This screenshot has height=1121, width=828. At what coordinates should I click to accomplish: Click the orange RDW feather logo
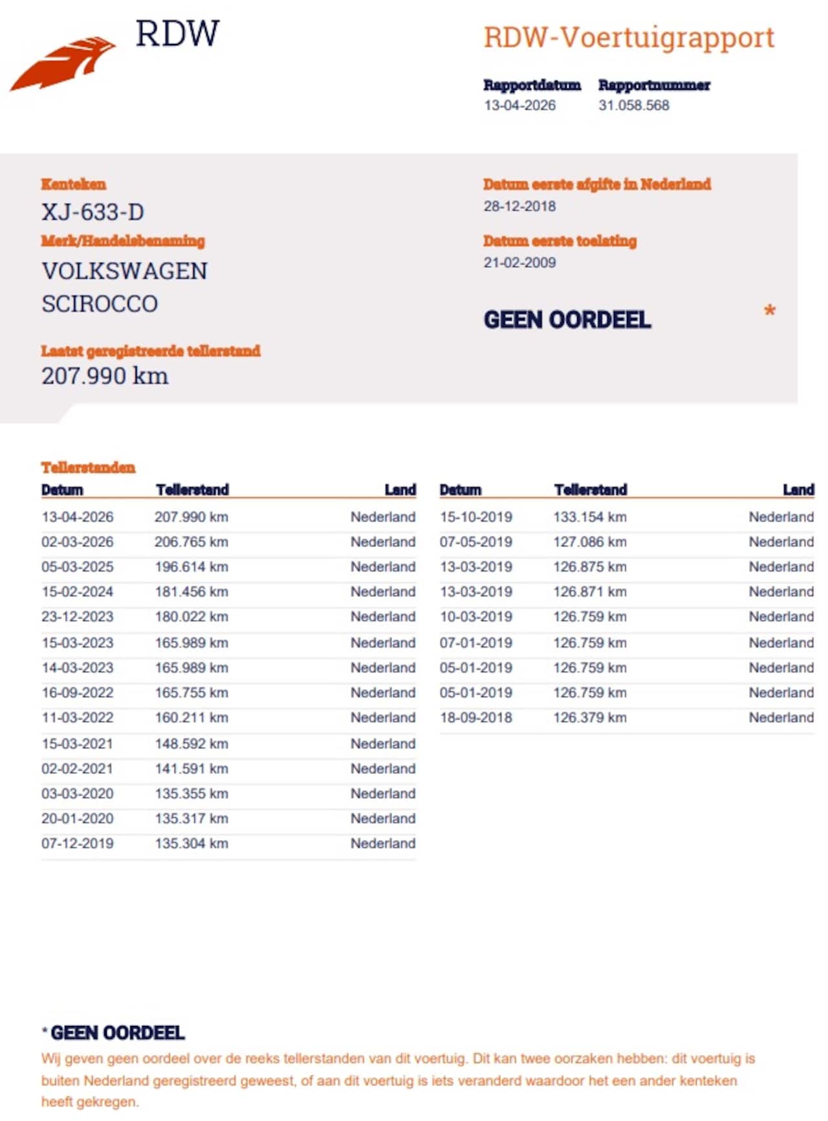63,63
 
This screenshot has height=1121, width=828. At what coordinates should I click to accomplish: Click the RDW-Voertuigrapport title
629,38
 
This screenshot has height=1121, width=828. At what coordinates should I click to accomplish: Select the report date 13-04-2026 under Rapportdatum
519,105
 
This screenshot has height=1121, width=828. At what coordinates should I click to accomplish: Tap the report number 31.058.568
633,105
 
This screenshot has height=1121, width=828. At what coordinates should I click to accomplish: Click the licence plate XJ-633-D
93,212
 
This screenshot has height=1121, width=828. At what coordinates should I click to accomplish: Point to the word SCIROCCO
100,304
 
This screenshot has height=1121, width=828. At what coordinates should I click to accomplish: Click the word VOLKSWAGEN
124,271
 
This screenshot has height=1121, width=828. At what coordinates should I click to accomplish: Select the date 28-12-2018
519,206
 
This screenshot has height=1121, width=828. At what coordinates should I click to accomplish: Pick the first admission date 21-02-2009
519,263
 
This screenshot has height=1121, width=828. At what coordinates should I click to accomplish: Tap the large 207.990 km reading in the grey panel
105,376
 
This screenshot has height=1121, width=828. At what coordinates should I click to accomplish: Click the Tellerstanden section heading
88,467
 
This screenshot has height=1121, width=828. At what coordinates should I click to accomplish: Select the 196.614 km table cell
191,567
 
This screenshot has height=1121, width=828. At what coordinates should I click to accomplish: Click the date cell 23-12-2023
77,617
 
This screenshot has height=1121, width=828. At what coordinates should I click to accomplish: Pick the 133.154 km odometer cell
589,517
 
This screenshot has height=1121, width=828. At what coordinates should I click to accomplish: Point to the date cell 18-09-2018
475,718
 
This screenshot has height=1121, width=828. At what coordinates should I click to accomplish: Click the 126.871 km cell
589,592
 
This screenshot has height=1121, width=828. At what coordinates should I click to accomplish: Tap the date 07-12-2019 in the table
77,843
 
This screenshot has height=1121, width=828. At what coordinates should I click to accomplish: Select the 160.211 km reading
191,718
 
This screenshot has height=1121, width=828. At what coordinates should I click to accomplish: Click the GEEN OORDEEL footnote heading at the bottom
117,1033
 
